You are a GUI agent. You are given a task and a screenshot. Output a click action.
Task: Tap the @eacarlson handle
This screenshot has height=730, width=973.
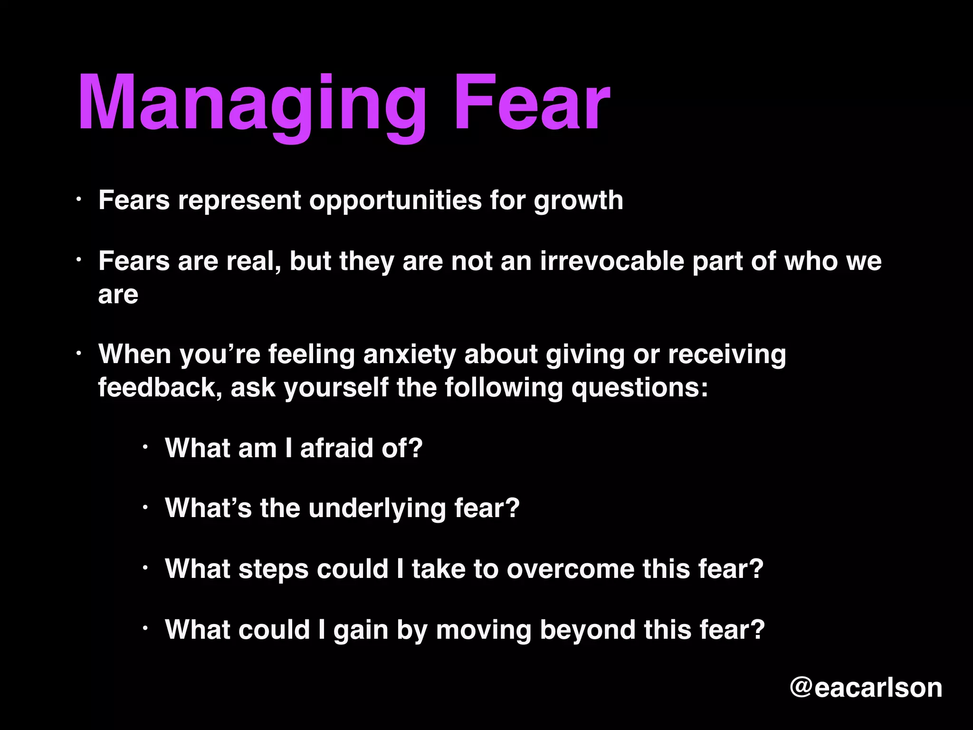866,688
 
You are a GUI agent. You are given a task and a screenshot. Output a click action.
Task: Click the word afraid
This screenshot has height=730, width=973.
337,448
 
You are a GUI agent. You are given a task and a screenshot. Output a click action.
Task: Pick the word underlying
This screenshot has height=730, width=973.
377,509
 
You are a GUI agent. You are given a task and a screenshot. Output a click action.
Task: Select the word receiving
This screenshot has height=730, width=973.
727,355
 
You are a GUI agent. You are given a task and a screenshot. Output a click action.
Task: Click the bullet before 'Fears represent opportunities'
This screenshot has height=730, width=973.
80,200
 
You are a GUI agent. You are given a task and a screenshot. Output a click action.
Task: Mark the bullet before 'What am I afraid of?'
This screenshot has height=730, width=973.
146,447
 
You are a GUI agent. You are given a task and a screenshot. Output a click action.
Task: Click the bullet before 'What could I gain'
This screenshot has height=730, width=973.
146,629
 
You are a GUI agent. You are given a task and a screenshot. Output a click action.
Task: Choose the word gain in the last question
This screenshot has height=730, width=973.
361,630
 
